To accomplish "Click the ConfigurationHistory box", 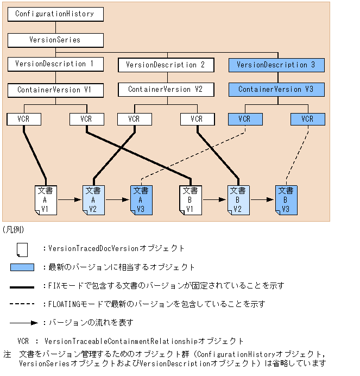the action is (x=55, y=14).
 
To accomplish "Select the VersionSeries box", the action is (x=55, y=40).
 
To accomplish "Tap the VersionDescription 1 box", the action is (x=55, y=64).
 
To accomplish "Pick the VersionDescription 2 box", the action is (x=166, y=65).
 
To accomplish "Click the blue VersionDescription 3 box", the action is (x=276, y=65).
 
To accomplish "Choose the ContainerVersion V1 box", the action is (x=55, y=90).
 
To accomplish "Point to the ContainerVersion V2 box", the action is (x=166, y=90).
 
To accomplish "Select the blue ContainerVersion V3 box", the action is (x=276, y=90).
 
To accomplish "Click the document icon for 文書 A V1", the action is (x=46, y=200).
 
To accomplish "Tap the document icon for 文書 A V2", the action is (x=93, y=200).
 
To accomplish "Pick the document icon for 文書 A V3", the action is (x=141, y=200).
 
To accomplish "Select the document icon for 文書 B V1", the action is (x=191, y=200).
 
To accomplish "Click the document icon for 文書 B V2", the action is (x=238, y=200).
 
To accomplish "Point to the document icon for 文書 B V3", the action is (x=286, y=200).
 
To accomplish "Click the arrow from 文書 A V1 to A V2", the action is (x=70, y=199).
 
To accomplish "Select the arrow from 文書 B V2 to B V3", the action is (x=262, y=199).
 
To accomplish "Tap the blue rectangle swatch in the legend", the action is (x=22, y=267).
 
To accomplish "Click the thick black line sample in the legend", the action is (x=22, y=287).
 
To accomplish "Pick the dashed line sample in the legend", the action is (x=22, y=304).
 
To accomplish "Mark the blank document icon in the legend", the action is (x=22, y=249).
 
